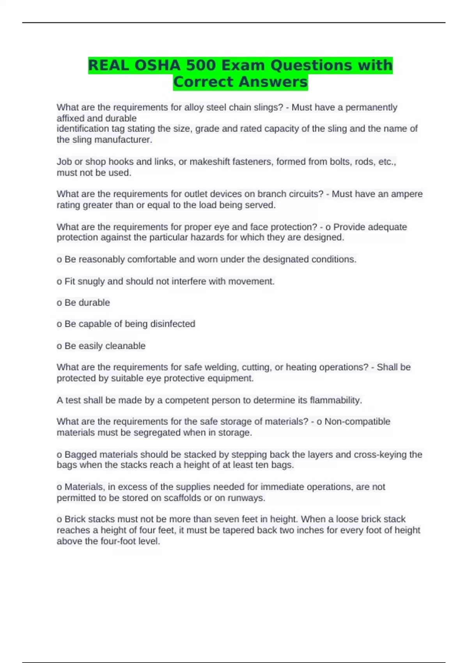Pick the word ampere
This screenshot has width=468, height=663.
click(407, 194)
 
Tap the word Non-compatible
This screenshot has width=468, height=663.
click(357, 422)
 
